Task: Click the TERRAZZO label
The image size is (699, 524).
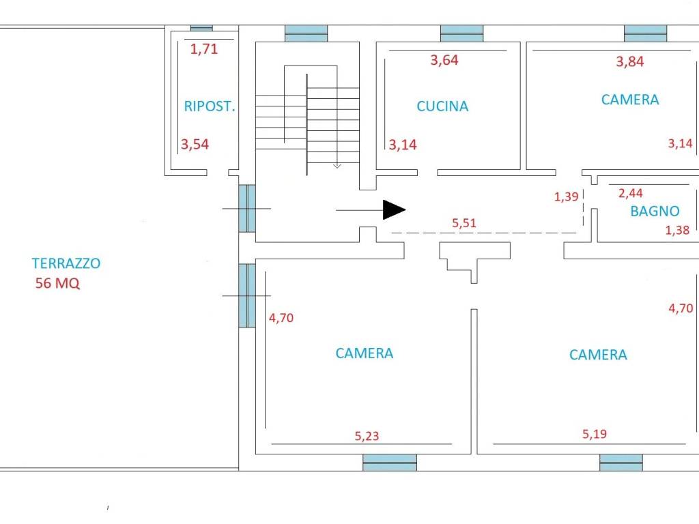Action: click(66, 263)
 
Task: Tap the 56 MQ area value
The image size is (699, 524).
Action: click(57, 283)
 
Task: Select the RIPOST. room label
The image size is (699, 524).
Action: click(209, 106)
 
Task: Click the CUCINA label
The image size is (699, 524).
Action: click(442, 106)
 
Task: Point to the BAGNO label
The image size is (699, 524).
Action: click(655, 211)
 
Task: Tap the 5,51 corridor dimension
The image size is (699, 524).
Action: click(464, 223)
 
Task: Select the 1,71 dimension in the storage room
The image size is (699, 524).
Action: click(204, 48)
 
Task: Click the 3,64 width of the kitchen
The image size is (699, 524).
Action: click(444, 60)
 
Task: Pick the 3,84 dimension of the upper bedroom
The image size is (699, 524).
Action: click(630, 61)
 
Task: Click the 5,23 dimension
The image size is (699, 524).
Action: click(367, 436)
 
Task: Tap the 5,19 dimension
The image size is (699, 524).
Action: click(595, 434)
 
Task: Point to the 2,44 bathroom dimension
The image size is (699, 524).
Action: click(630, 193)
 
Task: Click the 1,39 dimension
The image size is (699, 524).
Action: click(566, 196)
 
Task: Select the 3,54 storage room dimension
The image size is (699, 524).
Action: click(195, 145)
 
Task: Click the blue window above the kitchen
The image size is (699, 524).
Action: click(462, 33)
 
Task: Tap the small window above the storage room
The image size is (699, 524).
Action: click(201, 28)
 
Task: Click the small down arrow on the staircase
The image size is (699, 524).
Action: click(337, 166)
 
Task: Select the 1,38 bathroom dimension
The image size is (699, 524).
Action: click(677, 231)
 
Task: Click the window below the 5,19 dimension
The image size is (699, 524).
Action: click(621, 463)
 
